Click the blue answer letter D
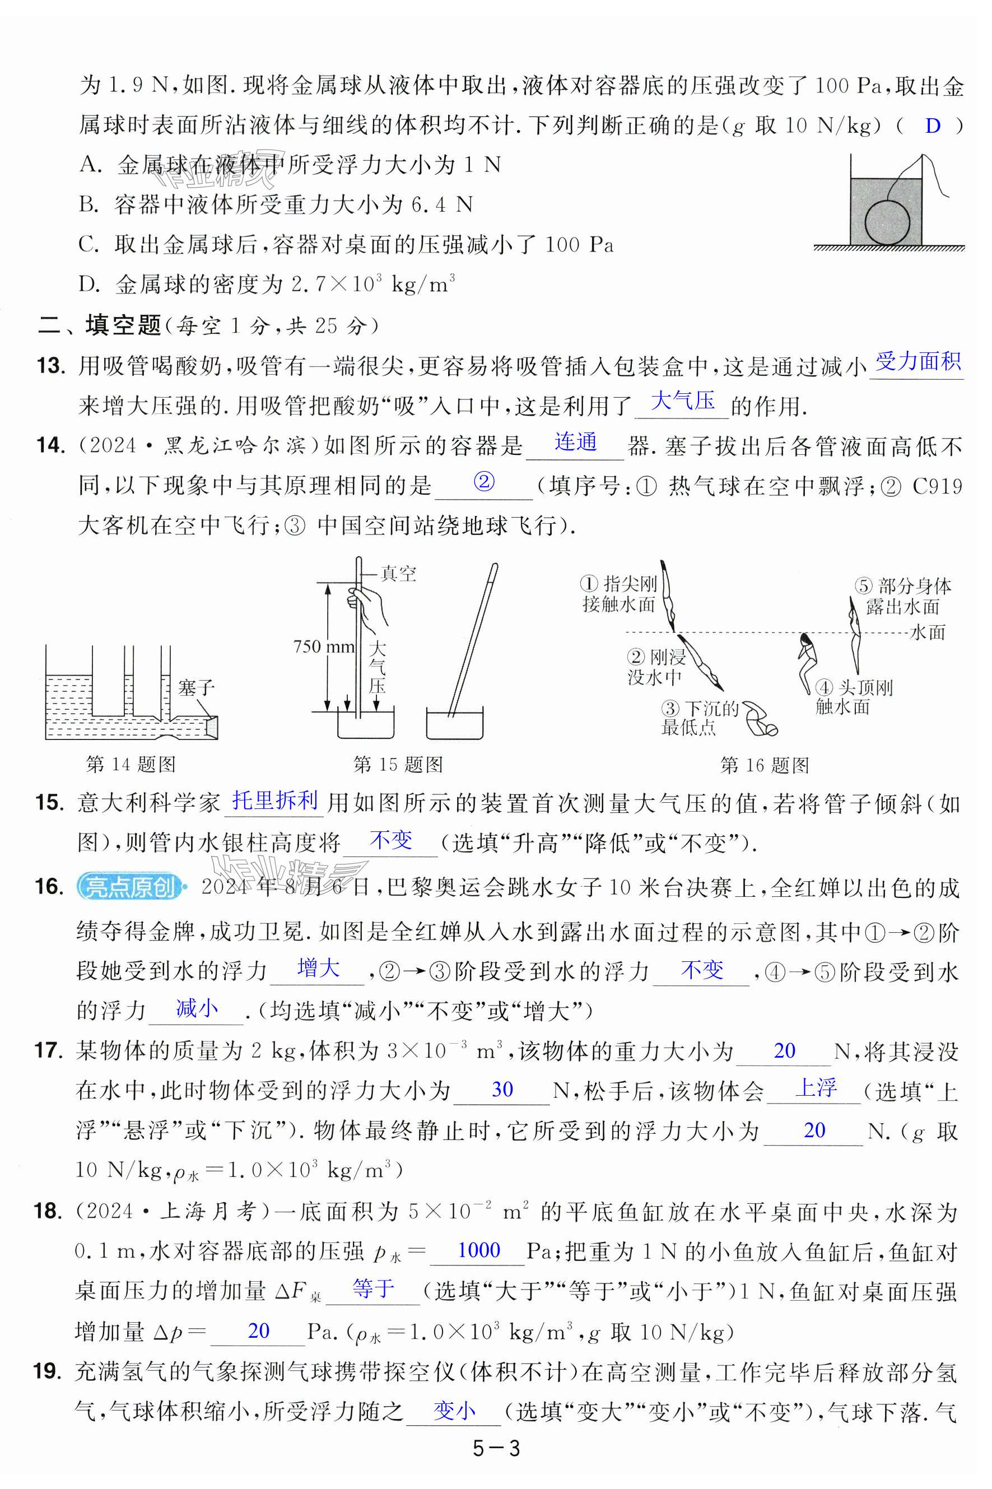pos(933,126)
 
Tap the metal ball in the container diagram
pos(887,221)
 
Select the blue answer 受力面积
pos(918,361)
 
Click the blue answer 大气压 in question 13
pos(683,401)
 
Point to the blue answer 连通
pos(576,441)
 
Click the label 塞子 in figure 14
pos(196,687)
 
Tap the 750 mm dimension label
pos(323,646)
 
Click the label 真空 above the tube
pos(399,574)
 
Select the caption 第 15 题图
pos(398,765)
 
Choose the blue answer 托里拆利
pos(275,801)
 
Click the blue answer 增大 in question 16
pos(318,969)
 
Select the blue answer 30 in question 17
pos(502,1089)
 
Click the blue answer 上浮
pos(816,1088)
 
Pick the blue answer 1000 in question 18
pos(478,1250)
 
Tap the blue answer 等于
pos(373,1288)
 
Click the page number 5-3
pos(496,1449)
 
